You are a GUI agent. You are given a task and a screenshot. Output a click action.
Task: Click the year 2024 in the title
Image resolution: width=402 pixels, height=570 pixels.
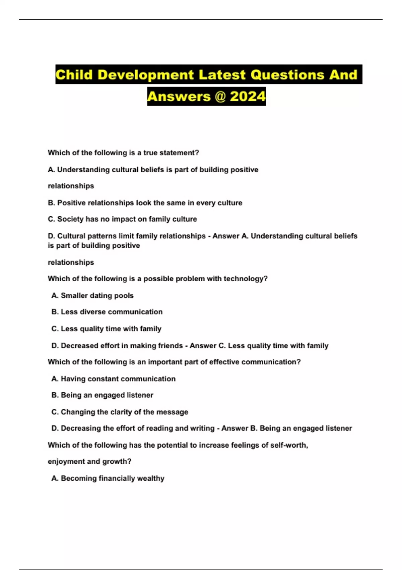[x=248, y=97]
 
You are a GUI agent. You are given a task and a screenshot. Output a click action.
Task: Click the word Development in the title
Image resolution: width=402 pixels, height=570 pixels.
[x=146, y=74]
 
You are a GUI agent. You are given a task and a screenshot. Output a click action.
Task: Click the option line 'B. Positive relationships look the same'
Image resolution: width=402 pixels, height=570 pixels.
[x=145, y=203]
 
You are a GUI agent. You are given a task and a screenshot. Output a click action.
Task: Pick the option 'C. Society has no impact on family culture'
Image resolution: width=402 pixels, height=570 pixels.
[x=122, y=219]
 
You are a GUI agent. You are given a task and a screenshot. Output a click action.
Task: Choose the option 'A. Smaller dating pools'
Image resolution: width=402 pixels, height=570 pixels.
[x=92, y=295]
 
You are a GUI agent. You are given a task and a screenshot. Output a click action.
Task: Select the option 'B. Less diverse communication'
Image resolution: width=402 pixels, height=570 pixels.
[x=107, y=312]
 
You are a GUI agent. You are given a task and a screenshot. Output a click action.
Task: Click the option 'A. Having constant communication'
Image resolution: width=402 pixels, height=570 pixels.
[x=113, y=379]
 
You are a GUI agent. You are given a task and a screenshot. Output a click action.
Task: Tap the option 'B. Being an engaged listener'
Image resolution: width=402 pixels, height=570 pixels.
[x=102, y=395]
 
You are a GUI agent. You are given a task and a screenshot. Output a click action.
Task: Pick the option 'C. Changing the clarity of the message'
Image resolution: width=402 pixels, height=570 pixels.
[x=120, y=412]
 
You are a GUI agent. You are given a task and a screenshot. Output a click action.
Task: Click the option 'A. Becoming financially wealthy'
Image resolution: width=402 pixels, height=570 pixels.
[x=108, y=478]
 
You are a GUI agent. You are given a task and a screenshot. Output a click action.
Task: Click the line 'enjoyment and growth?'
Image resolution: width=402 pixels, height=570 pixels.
[x=89, y=461]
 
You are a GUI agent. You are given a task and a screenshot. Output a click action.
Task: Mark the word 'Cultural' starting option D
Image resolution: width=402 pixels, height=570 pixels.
[x=70, y=236]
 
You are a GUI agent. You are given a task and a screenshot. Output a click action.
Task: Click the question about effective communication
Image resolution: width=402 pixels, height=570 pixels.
[x=174, y=362]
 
